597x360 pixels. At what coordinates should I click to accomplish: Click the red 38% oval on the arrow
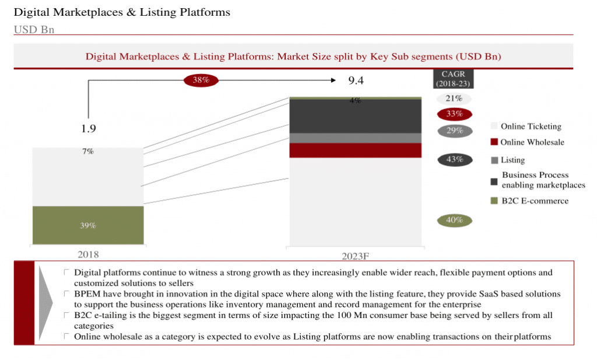tap(201, 80)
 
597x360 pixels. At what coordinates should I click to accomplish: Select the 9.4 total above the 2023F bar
tap(356, 81)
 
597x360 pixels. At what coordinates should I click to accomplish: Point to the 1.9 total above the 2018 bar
tap(89, 128)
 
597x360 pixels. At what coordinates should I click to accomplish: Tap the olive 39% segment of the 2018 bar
tap(88, 225)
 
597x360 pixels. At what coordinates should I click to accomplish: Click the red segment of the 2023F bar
tap(355, 151)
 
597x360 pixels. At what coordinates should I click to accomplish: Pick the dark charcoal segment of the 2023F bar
tap(355, 116)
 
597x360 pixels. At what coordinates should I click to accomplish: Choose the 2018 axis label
tap(88, 254)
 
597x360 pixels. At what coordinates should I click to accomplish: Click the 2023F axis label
tap(355, 256)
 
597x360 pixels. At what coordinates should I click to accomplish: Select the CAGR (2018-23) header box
tap(453, 79)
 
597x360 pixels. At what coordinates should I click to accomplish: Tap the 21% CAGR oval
tap(454, 99)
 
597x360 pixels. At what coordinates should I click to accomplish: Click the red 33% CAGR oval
tap(454, 114)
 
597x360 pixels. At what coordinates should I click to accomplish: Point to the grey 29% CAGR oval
tap(455, 131)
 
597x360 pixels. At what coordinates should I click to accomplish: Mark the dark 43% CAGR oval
tap(455, 160)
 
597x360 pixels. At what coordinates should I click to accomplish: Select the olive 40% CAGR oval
tap(454, 220)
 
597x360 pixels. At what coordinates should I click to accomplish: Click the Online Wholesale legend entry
tap(527, 142)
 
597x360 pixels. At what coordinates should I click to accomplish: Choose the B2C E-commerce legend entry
tap(529, 201)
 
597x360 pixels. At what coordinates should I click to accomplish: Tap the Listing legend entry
tap(508, 160)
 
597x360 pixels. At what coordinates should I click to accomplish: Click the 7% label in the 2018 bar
tap(88, 151)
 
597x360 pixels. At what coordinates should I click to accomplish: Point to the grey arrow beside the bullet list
tap(45, 303)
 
